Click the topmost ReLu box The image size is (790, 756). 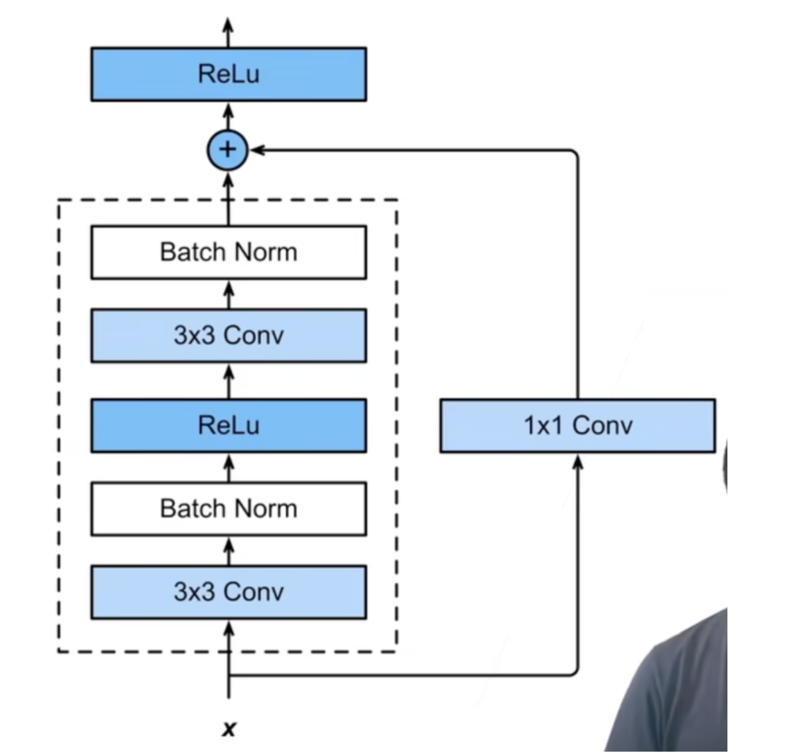click(x=229, y=74)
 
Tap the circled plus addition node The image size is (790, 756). click(x=228, y=150)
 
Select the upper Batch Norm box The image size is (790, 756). click(x=229, y=252)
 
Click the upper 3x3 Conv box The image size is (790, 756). click(x=229, y=335)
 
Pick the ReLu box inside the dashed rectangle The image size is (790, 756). click(x=229, y=425)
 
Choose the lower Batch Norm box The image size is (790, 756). click(x=229, y=509)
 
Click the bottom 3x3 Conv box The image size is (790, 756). click(x=229, y=592)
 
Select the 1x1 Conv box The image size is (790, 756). click(x=578, y=425)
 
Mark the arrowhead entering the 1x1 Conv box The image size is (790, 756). click(x=578, y=462)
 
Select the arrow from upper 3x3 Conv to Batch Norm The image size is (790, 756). click(x=229, y=294)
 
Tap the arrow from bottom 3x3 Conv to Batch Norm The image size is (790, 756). click(x=229, y=550)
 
